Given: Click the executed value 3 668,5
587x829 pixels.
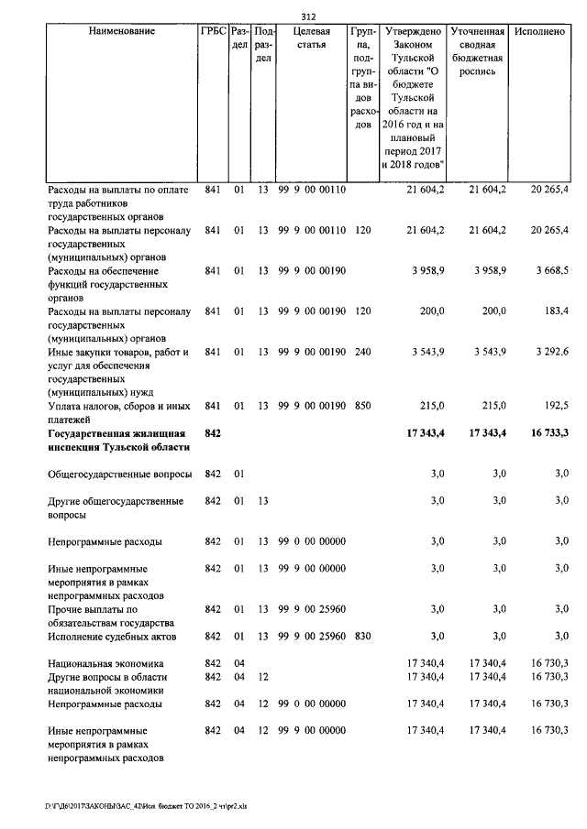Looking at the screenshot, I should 549,271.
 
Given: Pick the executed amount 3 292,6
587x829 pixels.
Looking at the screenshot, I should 549,352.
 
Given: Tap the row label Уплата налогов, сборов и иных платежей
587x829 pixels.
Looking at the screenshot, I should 118,412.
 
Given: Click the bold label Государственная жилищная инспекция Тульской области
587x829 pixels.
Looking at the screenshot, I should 118,440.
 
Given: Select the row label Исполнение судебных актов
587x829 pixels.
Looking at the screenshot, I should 112,636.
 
